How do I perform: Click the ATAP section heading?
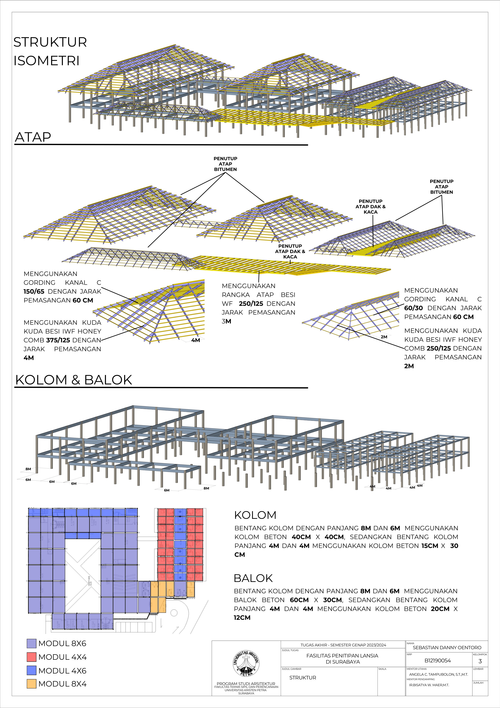tap(33, 137)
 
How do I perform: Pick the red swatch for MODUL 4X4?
tap(31, 657)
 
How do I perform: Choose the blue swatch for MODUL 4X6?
tap(31, 670)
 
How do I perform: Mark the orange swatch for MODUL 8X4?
tap(31, 684)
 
